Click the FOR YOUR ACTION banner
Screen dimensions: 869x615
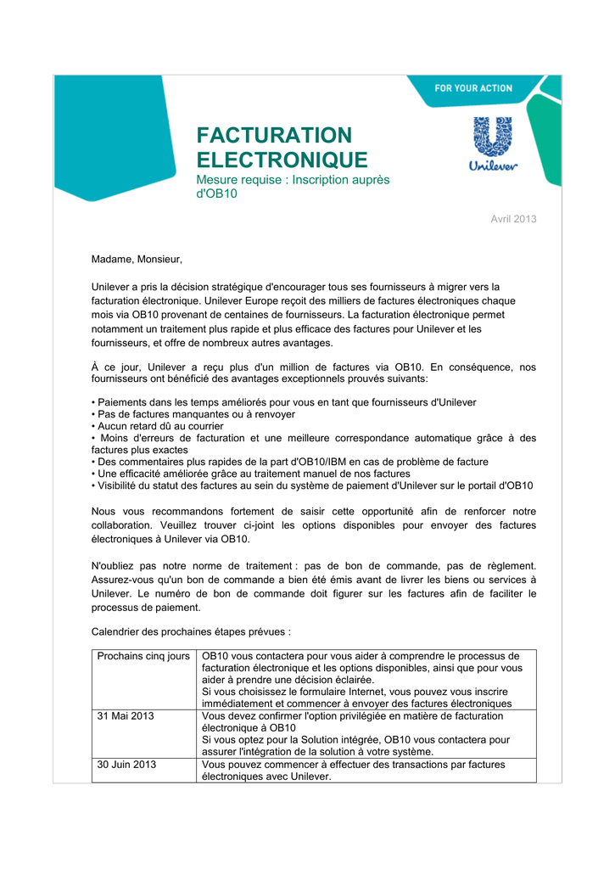[x=473, y=88]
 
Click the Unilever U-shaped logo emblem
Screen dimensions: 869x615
[x=493, y=137]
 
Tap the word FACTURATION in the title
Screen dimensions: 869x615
[x=273, y=136]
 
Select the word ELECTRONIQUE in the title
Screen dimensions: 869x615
[x=282, y=160]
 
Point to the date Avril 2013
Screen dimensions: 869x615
[x=514, y=219]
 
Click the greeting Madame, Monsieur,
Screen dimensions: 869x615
[x=137, y=258]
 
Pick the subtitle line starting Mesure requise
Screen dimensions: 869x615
[x=293, y=180]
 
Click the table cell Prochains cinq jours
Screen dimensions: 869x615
[x=143, y=656]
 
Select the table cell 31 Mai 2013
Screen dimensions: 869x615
[x=126, y=715]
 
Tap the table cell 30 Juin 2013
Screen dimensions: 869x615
[x=126, y=764]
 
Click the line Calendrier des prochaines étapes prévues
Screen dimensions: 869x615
[x=191, y=631]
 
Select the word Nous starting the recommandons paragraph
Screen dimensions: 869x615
[x=104, y=511]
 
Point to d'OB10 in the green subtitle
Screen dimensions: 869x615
[x=217, y=194]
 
